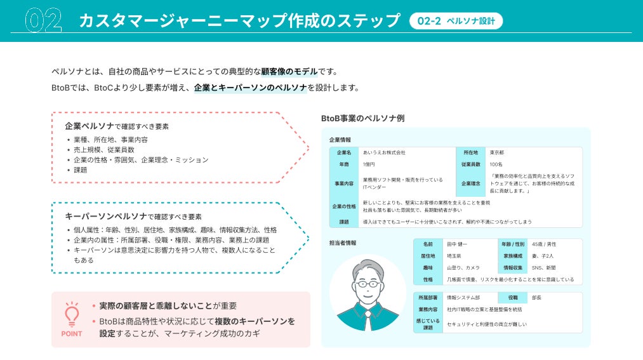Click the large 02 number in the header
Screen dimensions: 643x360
pos(43,21)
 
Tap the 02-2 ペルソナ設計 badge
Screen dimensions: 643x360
pos(456,21)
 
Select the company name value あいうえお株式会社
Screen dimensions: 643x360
pos(384,152)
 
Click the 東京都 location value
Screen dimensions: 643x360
pos(498,152)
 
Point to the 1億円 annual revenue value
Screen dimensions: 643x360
pos(369,164)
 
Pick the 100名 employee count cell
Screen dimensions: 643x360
pos(496,164)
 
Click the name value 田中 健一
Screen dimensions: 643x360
pos(456,244)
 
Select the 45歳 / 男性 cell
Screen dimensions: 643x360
pos(544,244)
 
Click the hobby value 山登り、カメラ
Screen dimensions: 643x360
pos(463,268)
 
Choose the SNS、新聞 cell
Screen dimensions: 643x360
pos(545,268)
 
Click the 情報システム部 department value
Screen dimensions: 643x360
pos(463,297)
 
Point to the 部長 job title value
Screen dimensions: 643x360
pos(537,297)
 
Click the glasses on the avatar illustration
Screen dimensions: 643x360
pos(368,283)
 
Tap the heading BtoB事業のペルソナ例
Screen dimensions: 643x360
pos(362,118)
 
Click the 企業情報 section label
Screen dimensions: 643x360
pos(340,139)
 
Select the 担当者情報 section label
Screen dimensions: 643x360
pos(342,243)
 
